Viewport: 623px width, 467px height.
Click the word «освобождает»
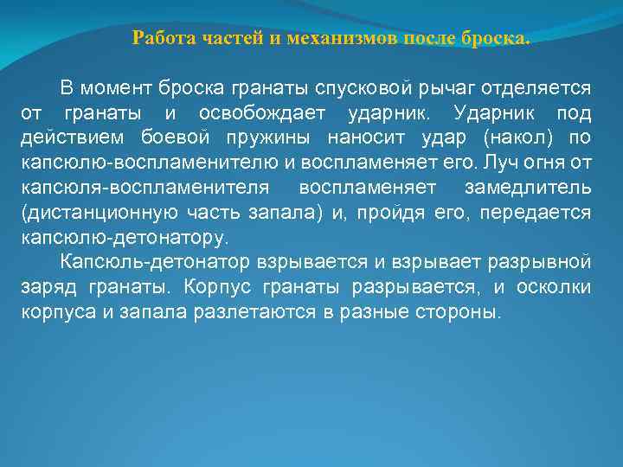(x=262, y=113)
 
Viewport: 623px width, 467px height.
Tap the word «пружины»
(x=282, y=138)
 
